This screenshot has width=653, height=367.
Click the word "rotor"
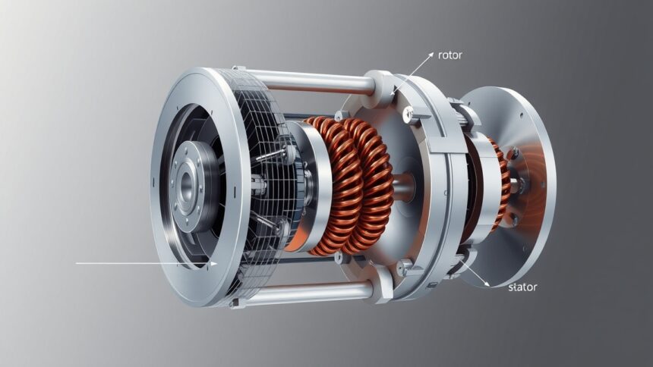pyautogui.click(x=450, y=55)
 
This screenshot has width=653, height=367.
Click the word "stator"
pyautogui.click(x=522, y=287)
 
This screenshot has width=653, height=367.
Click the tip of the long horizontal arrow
pyautogui.click(x=217, y=263)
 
